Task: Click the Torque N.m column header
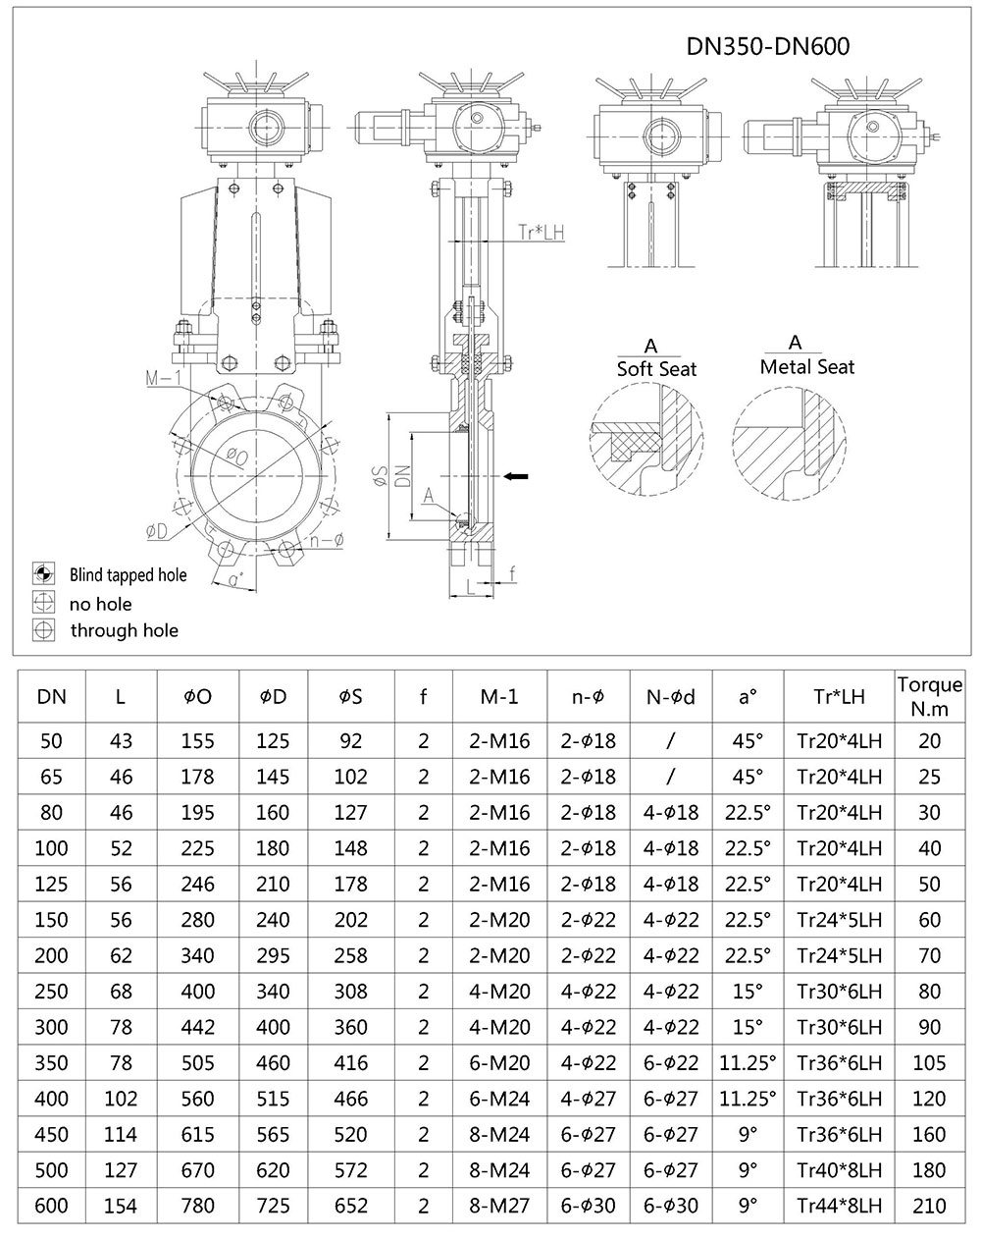[929, 696]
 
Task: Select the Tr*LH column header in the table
[839, 697]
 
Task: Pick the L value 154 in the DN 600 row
[121, 1206]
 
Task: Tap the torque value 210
[929, 1206]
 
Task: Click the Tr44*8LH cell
[839, 1206]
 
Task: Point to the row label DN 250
[52, 992]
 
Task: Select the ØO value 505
[197, 1062]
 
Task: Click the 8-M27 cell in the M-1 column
[499, 1206]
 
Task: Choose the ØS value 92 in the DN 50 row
[350, 741]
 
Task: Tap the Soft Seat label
[655, 369]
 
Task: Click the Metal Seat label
[806, 366]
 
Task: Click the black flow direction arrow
[516, 476]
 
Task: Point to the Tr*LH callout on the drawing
[541, 233]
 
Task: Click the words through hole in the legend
[124, 630]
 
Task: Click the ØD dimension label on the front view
[157, 531]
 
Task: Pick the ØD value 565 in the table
[273, 1134]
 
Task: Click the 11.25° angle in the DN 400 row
[748, 1098]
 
